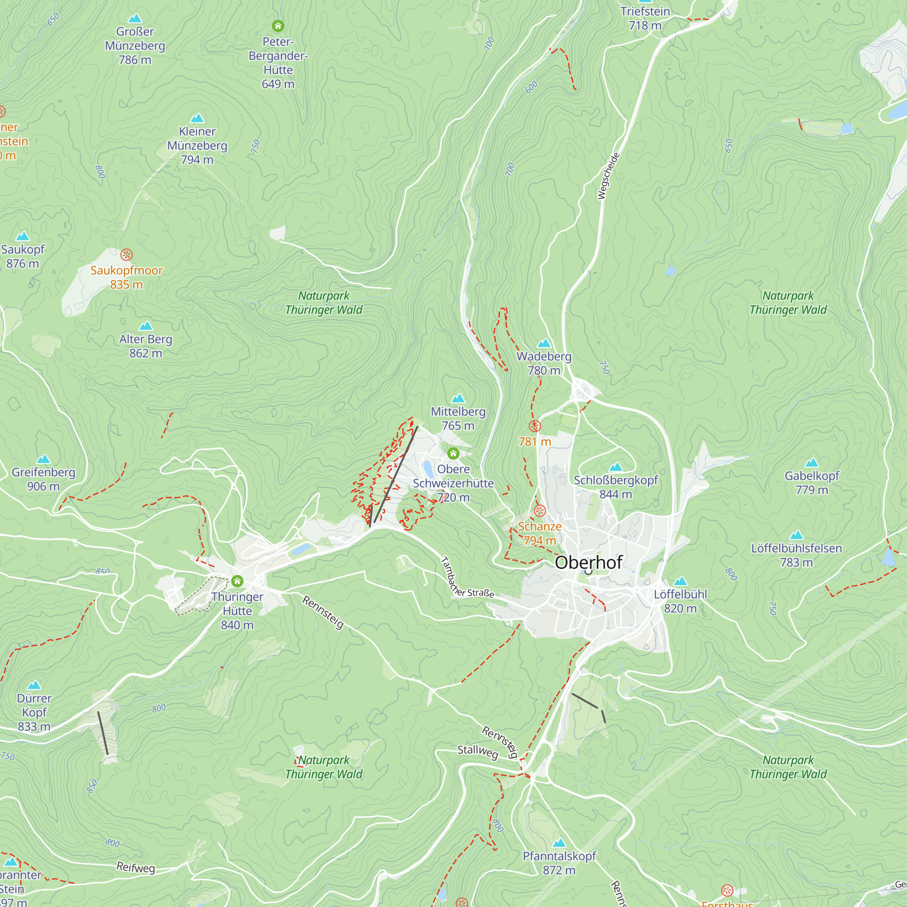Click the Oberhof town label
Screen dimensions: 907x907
point(588,562)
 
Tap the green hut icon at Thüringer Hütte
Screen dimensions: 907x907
point(238,581)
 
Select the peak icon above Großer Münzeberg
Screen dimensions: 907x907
point(135,19)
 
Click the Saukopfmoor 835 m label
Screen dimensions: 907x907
point(126,278)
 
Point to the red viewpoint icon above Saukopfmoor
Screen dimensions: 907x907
point(126,255)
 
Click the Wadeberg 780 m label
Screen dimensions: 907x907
point(544,363)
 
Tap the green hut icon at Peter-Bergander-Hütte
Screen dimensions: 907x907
point(278,26)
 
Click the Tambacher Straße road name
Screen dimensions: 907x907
point(467,578)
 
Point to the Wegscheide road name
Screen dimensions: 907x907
point(609,176)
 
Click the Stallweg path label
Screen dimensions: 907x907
point(478,751)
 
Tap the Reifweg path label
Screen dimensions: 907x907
point(136,867)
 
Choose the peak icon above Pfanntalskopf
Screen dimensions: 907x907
point(559,843)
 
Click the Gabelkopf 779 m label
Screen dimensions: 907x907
point(812,483)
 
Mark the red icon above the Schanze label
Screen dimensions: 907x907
point(540,511)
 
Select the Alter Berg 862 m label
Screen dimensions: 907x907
point(146,346)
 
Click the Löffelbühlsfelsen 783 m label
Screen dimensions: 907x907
point(796,555)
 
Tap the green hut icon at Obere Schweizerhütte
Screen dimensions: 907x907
point(453,453)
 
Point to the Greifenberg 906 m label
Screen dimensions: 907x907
point(43,479)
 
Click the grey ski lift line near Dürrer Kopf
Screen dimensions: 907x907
point(103,733)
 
